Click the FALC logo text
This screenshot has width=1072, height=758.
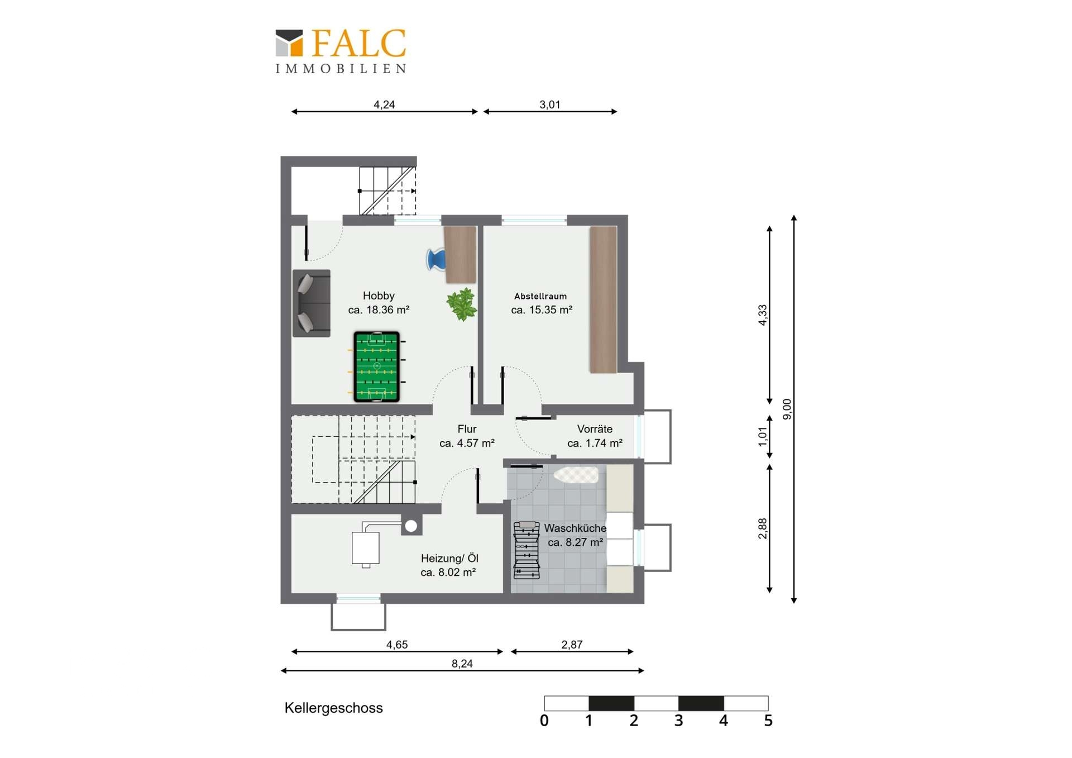[358, 43]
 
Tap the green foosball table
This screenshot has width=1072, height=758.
[377, 366]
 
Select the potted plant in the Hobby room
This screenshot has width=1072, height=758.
[462, 304]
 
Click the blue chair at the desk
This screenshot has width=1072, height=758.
[436, 260]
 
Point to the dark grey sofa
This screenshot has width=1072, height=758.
[312, 303]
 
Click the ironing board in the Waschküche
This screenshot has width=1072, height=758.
[576, 475]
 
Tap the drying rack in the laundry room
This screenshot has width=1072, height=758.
[527, 550]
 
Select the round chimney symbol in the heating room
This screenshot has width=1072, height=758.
[411, 526]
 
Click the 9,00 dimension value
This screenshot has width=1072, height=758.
[787, 409]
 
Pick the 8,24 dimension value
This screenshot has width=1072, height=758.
[462, 664]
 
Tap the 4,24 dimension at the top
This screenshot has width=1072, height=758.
[384, 104]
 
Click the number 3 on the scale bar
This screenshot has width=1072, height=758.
[678, 721]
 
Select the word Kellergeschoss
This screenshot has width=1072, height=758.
[334, 708]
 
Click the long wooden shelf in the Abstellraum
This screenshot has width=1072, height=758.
[604, 299]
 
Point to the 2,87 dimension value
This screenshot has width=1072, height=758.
[572, 645]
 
